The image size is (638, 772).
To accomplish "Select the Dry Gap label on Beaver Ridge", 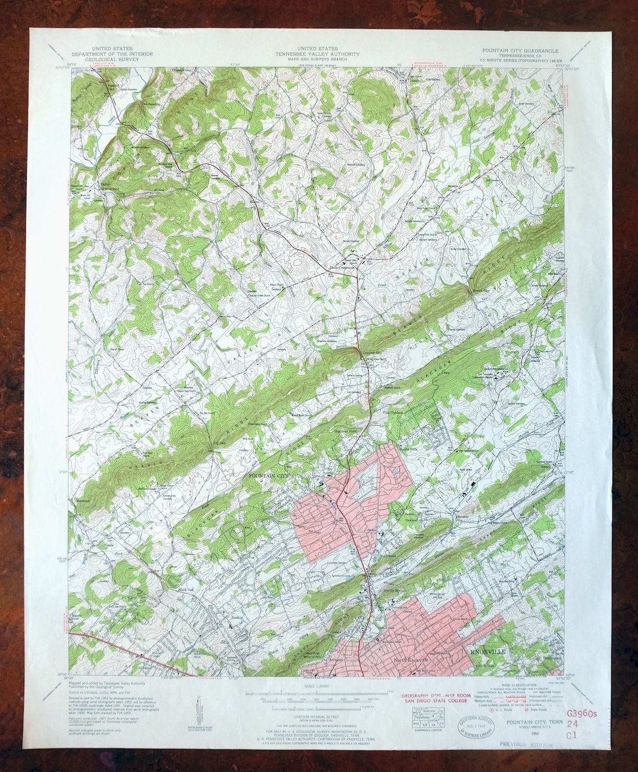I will click(219, 442).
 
